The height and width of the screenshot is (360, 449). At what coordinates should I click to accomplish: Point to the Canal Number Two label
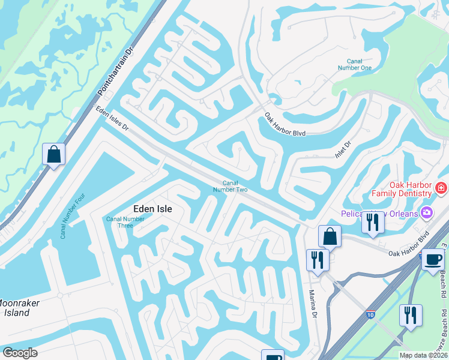pyautogui.click(x=231, y=186)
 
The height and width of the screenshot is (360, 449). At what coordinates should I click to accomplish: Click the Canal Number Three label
pyautogui.click(x=125, y=222)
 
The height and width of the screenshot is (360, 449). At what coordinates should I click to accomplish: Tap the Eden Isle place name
pyautogui.click(x=152, y=209)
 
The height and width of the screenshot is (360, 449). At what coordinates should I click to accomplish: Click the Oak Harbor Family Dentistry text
pyautogui.click(x=402, y=189)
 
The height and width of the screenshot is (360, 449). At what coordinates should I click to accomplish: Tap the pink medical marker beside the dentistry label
pyautogui.click(x=442, y=188)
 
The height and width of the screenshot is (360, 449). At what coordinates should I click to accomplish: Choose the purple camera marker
pyautogui.click(x=427, y=212)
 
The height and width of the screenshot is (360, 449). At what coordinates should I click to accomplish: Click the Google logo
pyautogui.click(x=20, y=353)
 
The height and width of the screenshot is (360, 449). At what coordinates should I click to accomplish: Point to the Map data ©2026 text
pyautogui.click(x=424, y=355)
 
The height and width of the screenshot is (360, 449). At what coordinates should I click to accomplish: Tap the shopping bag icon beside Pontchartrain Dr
pyautogui.click(x=54, y=154)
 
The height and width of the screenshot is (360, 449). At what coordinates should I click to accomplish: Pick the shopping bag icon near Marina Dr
pyautogui.click(x=330, y=236)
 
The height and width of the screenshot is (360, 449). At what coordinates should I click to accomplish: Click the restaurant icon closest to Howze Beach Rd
pyautogui.click(x=411, y=315)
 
